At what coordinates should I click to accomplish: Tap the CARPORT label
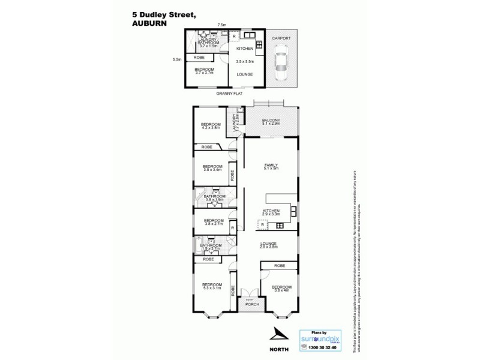coord(281,38)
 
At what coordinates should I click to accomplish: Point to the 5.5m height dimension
coord(176,59)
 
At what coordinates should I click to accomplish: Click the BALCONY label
coord(271,121)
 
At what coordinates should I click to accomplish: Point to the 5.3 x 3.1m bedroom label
coord(211,286)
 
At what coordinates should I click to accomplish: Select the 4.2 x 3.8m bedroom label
coord(211,125)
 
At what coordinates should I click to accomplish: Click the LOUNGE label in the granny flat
coord(244,74)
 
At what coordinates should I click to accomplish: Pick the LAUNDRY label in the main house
coord(229,124)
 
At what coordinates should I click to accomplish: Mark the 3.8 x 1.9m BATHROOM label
coord(214,198)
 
